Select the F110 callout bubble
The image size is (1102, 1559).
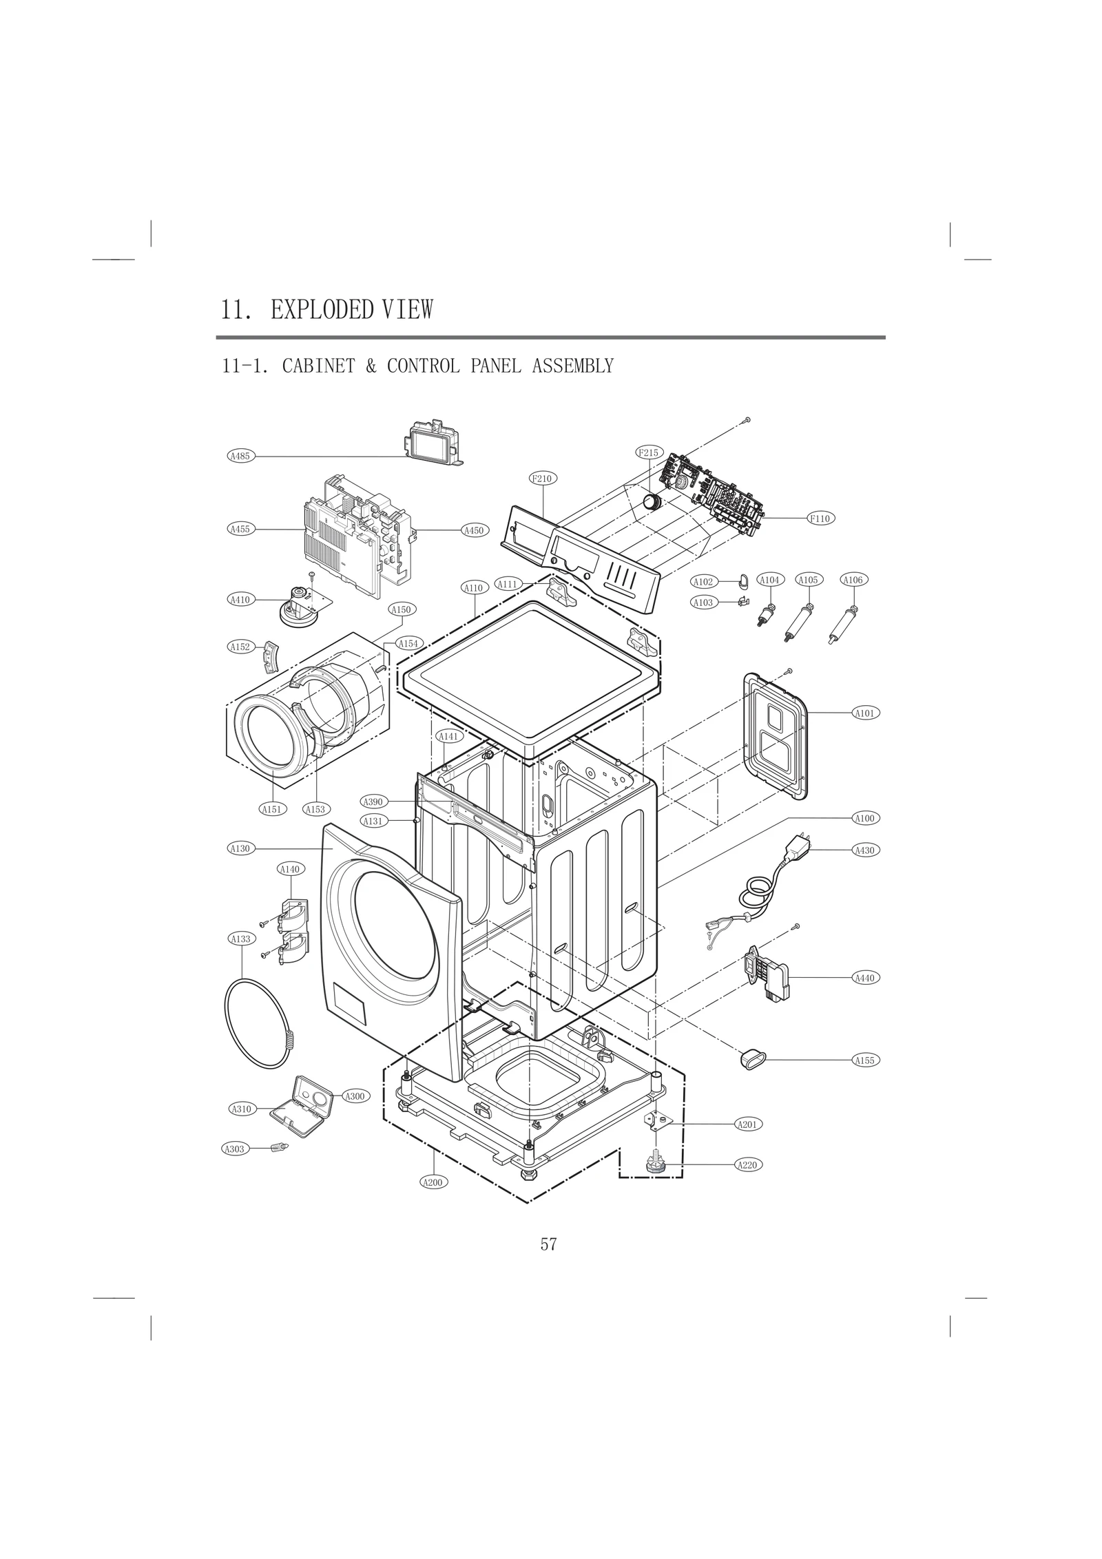click(x=820, y=519)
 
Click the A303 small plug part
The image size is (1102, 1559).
click(x=280, y=1147)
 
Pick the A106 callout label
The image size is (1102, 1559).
click(x=853, y=580)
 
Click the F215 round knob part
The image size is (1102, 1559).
click(x=651, y=501)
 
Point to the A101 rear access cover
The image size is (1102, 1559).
click(x=776, y=737)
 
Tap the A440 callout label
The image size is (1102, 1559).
click(x=864, y=978)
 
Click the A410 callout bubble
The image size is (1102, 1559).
click(x=240, y=600)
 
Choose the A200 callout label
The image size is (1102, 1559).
click(x=433, y=1182)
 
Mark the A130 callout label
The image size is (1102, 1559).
click(x=240, y=849)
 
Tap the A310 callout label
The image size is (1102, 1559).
click(x=241, y=1109)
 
